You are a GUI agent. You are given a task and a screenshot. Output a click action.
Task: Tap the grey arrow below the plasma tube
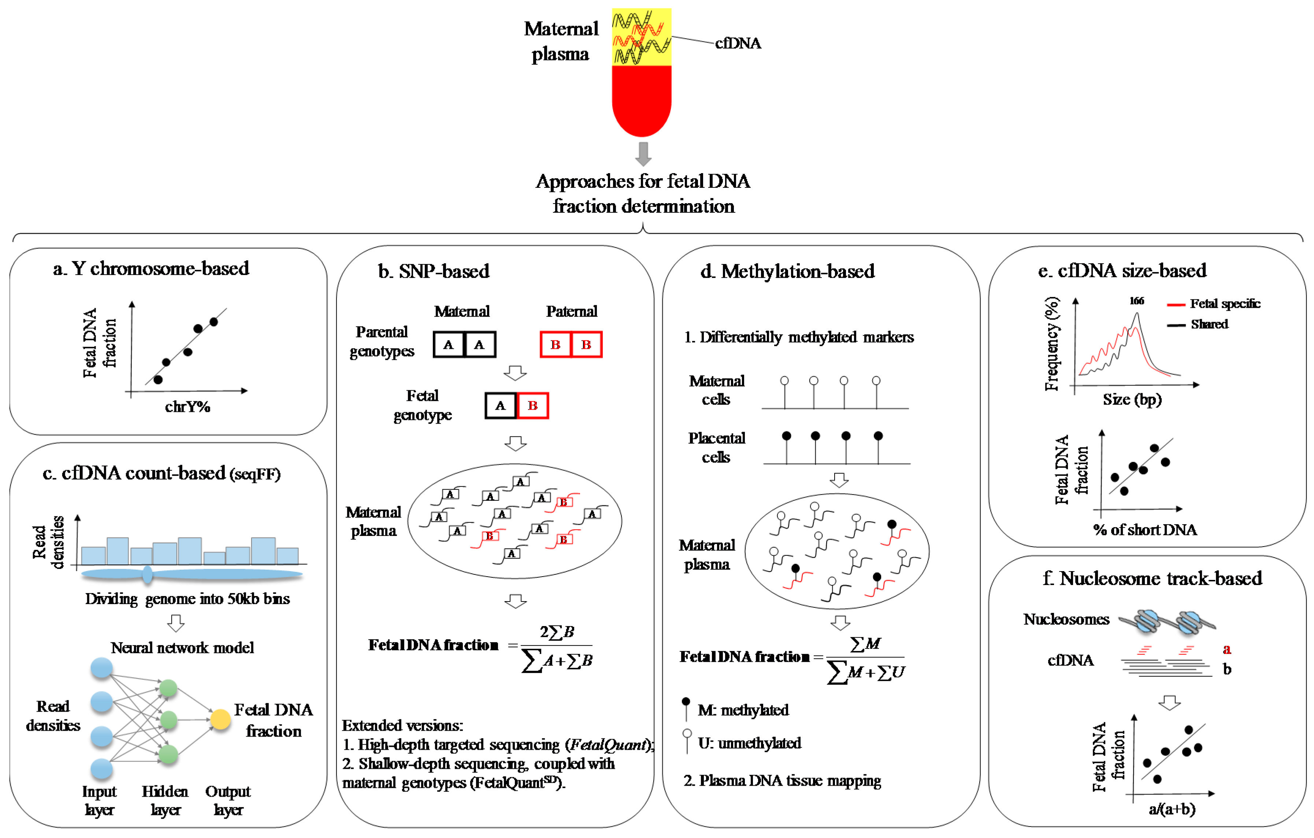coord(643,154)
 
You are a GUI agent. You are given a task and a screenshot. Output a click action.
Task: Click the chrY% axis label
coord(187,407)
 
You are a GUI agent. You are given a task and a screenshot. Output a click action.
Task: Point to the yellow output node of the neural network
coord(220,720)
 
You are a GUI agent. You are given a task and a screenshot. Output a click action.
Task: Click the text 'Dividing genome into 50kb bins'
coord(187,599)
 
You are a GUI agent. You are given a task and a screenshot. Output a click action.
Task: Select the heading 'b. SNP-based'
coord(434,271)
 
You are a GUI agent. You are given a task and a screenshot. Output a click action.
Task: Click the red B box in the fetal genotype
coord(532,405)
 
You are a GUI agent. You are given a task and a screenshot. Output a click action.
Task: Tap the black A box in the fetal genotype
coord(500,405)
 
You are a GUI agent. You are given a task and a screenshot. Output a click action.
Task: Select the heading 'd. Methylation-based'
coord(787,271)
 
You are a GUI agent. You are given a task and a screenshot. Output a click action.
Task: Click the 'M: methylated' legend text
coord(743,710)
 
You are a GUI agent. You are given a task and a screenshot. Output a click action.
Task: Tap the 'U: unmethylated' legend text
coord(749,743)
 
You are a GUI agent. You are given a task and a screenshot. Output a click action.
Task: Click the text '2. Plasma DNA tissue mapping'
coord(782,781)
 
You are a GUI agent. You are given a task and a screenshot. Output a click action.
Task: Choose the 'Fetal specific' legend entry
coord(1225,303)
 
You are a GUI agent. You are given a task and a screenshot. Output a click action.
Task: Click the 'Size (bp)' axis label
coord(1132,399)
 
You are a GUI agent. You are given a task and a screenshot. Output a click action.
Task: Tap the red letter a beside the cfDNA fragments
coord(1227,649)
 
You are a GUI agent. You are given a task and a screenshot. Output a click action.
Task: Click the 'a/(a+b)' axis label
coord(1172,809)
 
